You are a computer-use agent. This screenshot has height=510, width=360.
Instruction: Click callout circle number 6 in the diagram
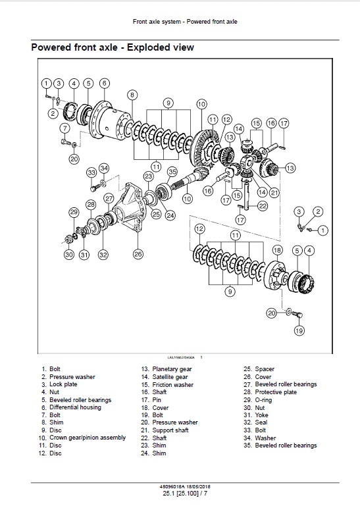105,84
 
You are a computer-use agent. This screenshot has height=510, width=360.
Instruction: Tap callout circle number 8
132,95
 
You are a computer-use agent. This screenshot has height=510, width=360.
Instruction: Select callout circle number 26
138,254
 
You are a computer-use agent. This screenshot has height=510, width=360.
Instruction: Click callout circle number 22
263,205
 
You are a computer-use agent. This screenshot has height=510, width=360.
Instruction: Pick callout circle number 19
299,330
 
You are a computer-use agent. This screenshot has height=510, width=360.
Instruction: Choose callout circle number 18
277,250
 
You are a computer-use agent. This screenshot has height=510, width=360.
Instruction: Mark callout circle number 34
104,168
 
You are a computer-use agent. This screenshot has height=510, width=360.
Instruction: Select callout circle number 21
274,192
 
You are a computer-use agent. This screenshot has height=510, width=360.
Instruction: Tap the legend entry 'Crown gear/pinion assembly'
87,438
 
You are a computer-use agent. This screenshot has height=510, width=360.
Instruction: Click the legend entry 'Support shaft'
172,430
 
